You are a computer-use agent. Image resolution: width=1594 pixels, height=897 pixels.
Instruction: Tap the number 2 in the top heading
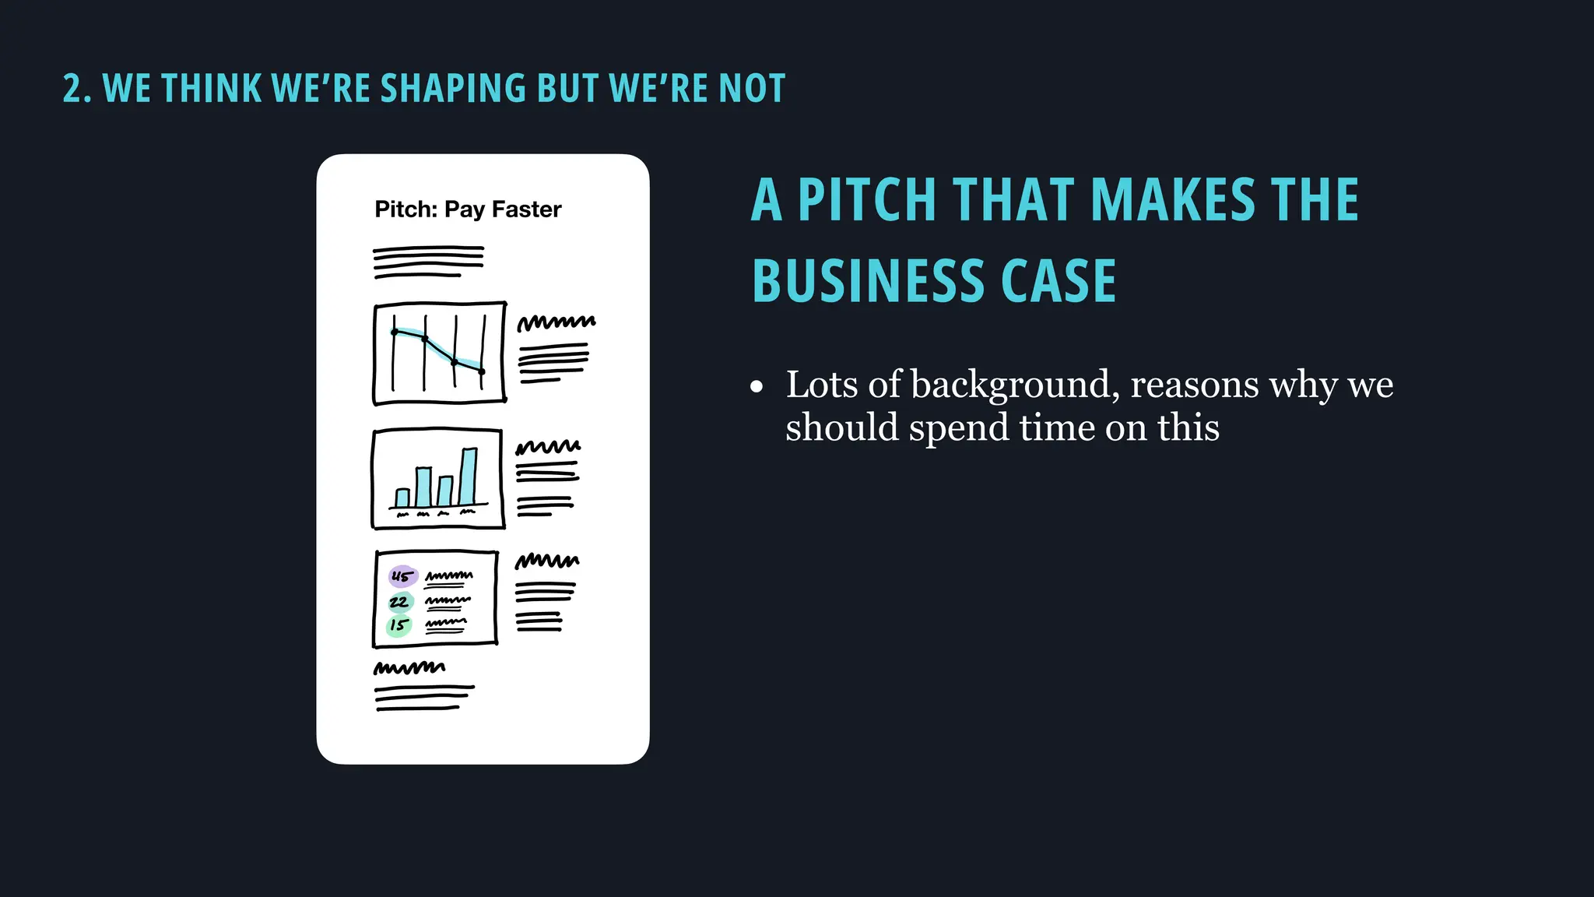pos(71,89)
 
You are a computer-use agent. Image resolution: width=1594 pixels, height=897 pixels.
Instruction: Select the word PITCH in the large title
pos(866,200)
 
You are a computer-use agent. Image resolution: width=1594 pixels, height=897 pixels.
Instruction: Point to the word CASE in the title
pos(1059,281)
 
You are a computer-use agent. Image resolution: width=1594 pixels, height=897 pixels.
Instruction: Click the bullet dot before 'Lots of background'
pos(757,387)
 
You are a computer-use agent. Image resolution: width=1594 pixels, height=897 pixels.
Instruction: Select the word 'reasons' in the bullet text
pos(1194,385)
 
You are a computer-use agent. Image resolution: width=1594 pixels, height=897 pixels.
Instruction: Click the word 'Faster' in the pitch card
pos(526,209)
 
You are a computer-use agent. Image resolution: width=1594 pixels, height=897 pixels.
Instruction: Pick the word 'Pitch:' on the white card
pos(406,209)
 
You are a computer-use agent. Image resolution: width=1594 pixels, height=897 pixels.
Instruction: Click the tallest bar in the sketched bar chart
pos(468,477)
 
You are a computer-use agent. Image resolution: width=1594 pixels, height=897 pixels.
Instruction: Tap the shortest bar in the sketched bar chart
pos(402,498)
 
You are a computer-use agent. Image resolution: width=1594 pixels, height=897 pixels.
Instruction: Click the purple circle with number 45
pos(402,576)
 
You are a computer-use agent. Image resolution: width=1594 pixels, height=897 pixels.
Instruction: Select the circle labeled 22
pos(400,602)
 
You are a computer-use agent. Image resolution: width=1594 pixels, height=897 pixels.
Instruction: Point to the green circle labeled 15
pos(398,625)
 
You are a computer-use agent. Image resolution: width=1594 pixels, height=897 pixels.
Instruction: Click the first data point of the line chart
pos(395,332)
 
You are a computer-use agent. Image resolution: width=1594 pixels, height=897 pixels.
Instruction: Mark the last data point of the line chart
pos(482,371)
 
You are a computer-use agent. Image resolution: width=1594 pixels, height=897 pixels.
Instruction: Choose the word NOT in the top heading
pos(752,88)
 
